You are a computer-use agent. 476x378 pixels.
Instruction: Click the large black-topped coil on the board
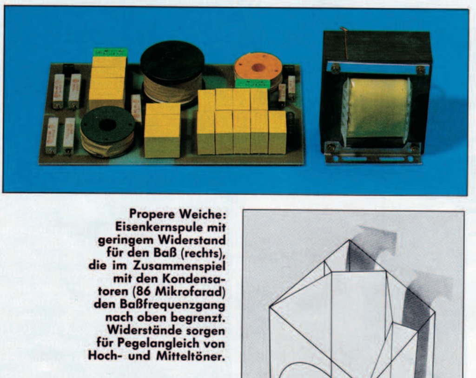(172, 73)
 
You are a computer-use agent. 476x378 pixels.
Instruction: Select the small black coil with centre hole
(107, 131)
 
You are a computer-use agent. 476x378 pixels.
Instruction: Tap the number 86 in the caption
(145, 291)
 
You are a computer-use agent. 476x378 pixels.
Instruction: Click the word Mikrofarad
(191, 291)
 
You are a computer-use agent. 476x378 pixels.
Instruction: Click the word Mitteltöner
(191, 356)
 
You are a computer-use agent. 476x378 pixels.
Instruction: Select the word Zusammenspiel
(179, 266)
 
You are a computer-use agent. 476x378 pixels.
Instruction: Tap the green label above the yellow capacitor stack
(109, 52)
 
